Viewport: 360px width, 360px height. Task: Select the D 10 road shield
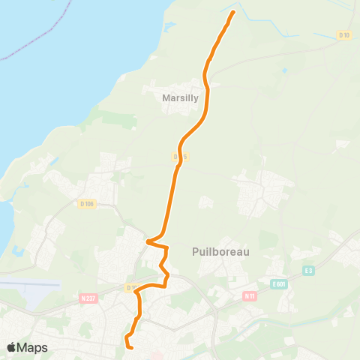point(343,35)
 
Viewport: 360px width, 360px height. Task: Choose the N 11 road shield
point(250,295)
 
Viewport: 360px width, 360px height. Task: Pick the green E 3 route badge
point(307,271)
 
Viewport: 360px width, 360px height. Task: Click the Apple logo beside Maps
point(12,347)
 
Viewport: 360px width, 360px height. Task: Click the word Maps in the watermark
point(33,347)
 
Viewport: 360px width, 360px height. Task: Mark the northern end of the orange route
point(233,12)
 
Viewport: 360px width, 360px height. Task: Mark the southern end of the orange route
point(130,347)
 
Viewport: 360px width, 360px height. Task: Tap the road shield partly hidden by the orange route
point(178,157)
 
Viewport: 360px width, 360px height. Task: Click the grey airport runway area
point(30,285)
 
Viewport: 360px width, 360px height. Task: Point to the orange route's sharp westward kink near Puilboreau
point(148,241)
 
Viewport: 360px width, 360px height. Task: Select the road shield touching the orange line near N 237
point(133,287)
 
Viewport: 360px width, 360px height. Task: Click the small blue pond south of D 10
point(284,70)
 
